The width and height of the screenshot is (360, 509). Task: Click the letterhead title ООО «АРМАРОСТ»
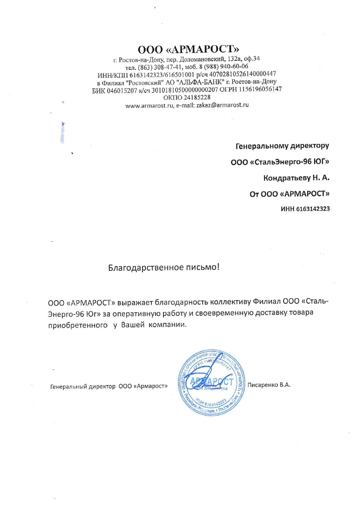[x=188, y=50]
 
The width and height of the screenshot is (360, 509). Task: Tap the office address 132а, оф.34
[x=244, y=59]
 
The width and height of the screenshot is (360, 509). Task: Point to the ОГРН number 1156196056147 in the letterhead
[x=260, y=89]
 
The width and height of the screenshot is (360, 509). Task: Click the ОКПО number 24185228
[x=197, y=97]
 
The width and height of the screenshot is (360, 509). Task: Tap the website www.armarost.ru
[x=150, y=106]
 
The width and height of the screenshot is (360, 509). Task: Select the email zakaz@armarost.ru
[x=222, y=105]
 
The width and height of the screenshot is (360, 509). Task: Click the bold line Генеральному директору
[x=282, y=146]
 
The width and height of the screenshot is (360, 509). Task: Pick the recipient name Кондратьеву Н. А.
[x=296, y=178]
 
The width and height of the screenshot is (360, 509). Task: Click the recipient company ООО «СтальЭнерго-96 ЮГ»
[x=280, y=162]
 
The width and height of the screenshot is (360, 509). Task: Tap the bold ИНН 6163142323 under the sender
[x=305, y=209]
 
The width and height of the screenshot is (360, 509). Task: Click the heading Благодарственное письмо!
[x=164, y=267]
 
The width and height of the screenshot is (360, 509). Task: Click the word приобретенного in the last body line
[x=78, y=325]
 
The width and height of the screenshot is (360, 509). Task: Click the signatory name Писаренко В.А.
[x=269, y=385]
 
